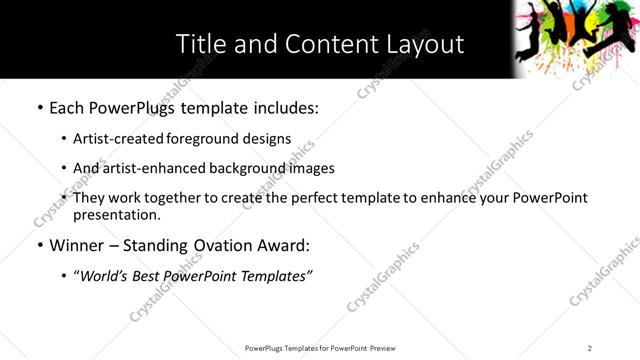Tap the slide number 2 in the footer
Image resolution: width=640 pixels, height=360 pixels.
click(590, 348)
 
